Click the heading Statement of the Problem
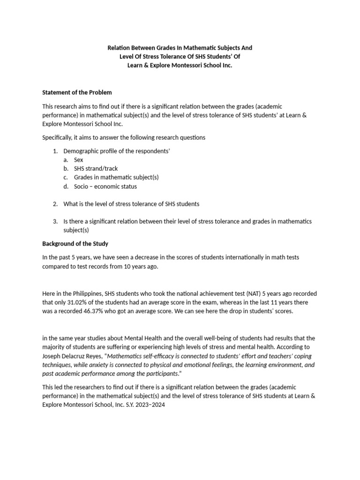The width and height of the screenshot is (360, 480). click(x=77, y=92)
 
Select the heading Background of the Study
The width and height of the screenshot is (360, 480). click(x=75, y=244)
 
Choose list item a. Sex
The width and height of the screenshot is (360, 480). click(x=78, y=160)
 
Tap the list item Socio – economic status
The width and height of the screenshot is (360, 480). click(x=105, y=187)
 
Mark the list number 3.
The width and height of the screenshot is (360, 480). click(x=55, y=222)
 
